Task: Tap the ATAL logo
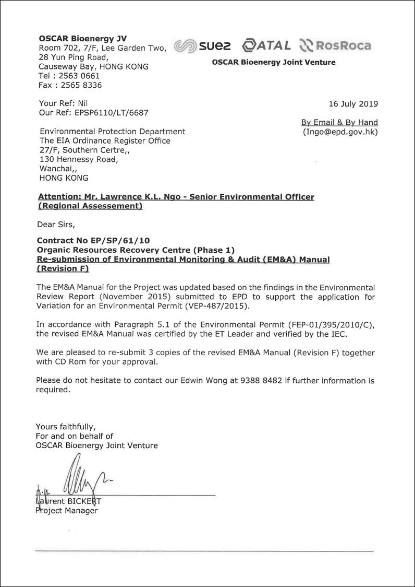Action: tap(267, 45)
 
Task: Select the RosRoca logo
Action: tap(335, 46)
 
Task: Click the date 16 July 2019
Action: tap(353, 103)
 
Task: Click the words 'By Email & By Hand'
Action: tap(339, 122)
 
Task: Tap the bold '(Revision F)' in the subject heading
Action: tap(63, 269)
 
